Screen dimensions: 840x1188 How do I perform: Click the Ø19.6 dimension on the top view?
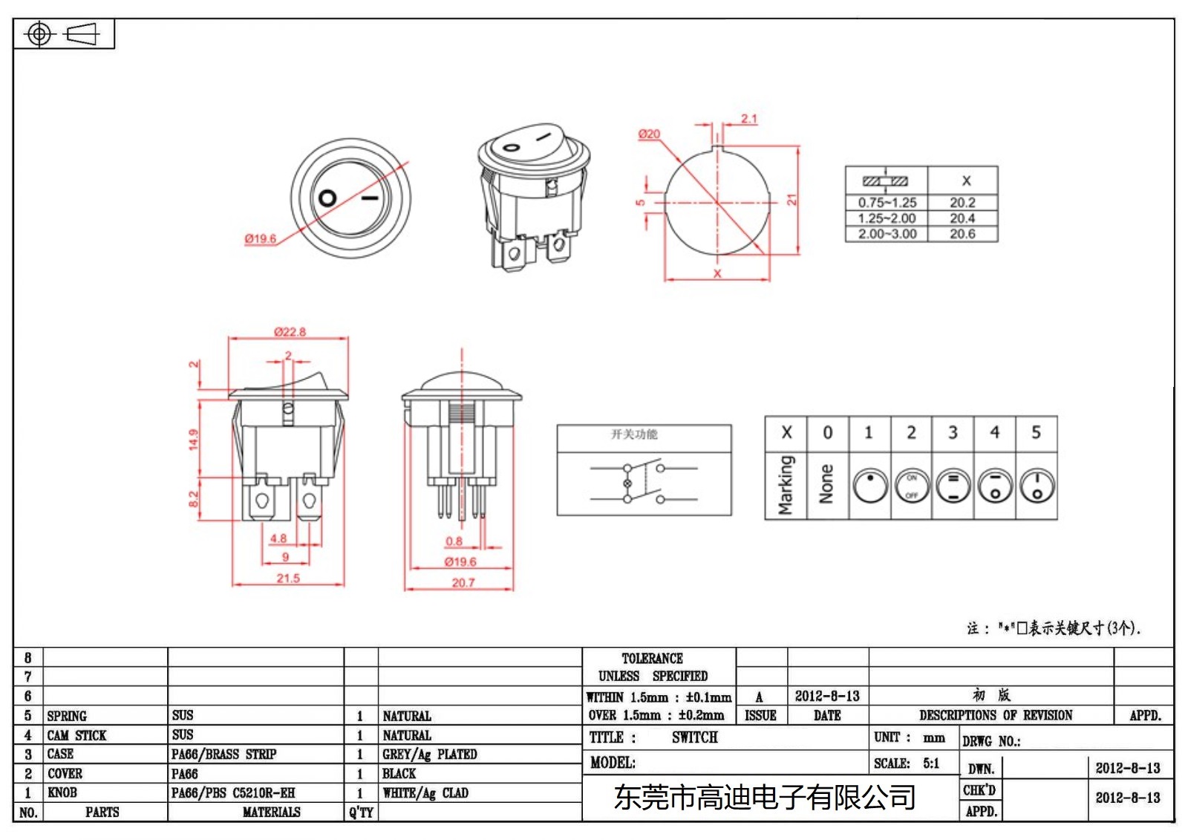point(261,238)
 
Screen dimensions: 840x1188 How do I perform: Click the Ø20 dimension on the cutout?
point(649,134)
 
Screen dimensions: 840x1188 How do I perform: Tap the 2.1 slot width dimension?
point(748,118)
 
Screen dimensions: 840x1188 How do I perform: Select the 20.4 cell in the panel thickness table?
point(962,218)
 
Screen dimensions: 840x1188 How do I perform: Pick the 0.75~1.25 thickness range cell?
point(887,202)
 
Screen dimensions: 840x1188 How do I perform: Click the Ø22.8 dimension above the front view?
point(290,331)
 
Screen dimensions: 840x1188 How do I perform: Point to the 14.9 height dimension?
point(194,440)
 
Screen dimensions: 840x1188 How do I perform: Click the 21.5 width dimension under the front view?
point(288,578)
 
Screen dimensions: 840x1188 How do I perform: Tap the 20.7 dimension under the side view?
point(463,583)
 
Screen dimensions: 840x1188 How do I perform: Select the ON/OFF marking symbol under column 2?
point(912,486)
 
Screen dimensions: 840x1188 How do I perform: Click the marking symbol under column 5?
point(1037,486)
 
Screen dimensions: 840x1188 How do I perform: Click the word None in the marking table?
point(826,484)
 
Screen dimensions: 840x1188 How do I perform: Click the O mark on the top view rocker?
point(327,198)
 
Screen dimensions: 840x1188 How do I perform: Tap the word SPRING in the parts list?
point(67,716)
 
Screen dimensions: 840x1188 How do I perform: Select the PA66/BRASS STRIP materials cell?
point(223,755)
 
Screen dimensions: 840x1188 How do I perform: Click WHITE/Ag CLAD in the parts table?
point(425,793)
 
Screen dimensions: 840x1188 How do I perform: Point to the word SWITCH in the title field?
point(694,738)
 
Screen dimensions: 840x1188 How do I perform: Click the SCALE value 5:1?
point(931,764)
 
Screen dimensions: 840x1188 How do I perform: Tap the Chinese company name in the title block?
point(764,798)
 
